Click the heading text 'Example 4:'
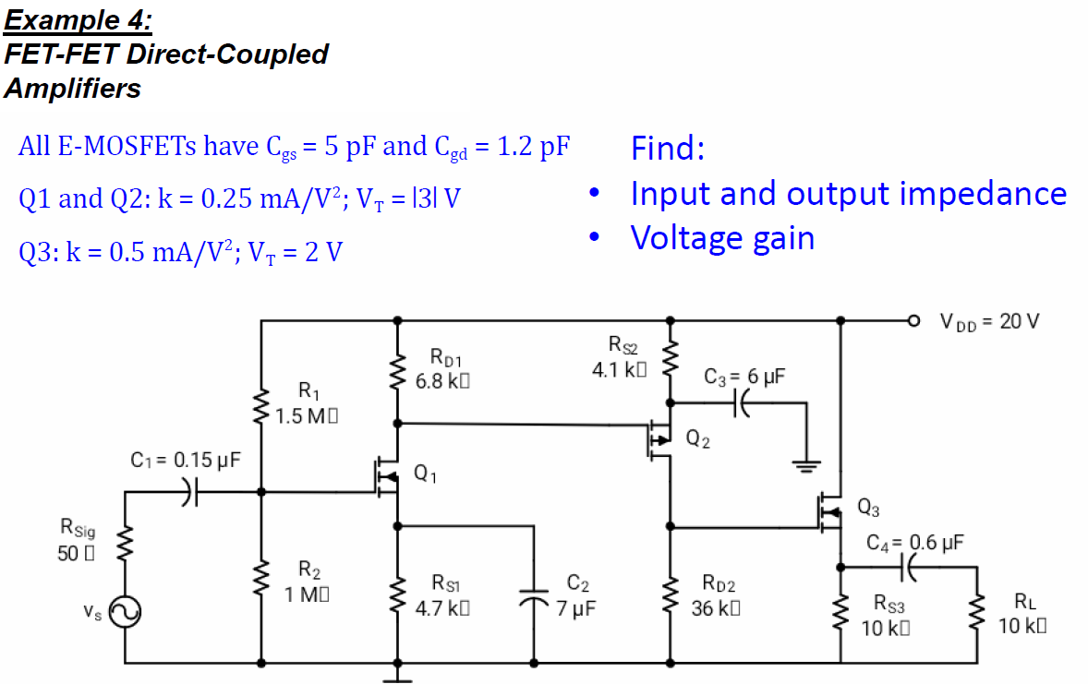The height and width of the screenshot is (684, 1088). (x=78, y=19)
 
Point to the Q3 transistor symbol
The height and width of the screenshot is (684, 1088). (x=828, y=510)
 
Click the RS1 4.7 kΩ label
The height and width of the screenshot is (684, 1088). (x=446, y=596)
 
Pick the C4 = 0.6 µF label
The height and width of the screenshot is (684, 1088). (x=915, y=542)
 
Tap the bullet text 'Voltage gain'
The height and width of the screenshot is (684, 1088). (x=722, y=238)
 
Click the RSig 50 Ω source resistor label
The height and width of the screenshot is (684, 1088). (x=77, y=541)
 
